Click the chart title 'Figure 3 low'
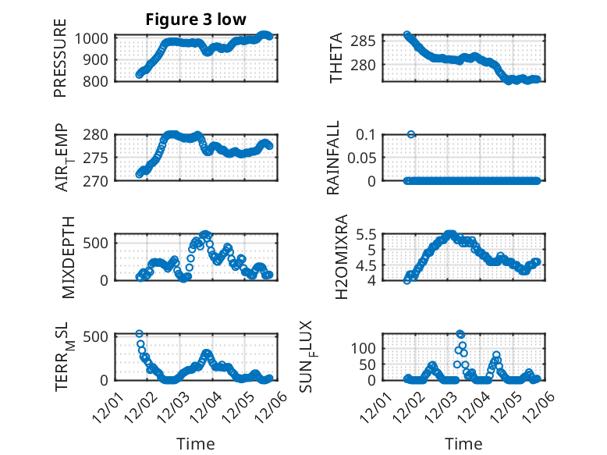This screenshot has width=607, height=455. click(196, 20)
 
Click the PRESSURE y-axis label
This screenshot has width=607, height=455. click(60, 66)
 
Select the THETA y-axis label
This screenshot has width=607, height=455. click(336, 59)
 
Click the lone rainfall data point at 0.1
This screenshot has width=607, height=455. click(411, 134)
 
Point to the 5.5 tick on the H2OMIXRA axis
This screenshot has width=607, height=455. click(368, 234)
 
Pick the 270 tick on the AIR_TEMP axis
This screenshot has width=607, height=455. click(100, 180)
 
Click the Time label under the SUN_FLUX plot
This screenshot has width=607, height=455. click(463, 444)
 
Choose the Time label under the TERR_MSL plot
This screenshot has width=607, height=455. click(195, 444)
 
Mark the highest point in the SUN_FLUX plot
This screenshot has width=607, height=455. click(460, 334)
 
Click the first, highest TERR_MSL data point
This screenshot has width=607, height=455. click(140, 334)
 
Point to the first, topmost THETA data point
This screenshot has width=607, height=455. click(407, 35)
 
